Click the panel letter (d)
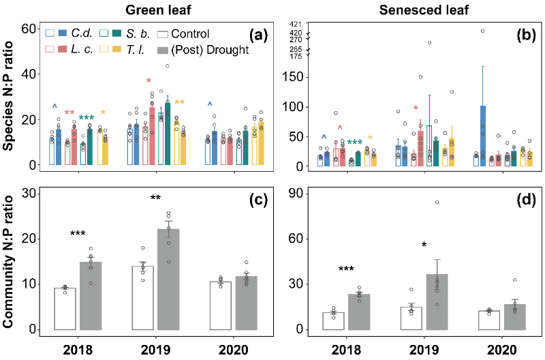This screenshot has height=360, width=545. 517,202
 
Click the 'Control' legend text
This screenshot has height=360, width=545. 191,33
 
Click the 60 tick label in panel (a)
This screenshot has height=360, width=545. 29,29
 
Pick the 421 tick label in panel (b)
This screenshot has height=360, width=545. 296,23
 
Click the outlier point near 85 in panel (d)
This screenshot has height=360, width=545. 437,202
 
